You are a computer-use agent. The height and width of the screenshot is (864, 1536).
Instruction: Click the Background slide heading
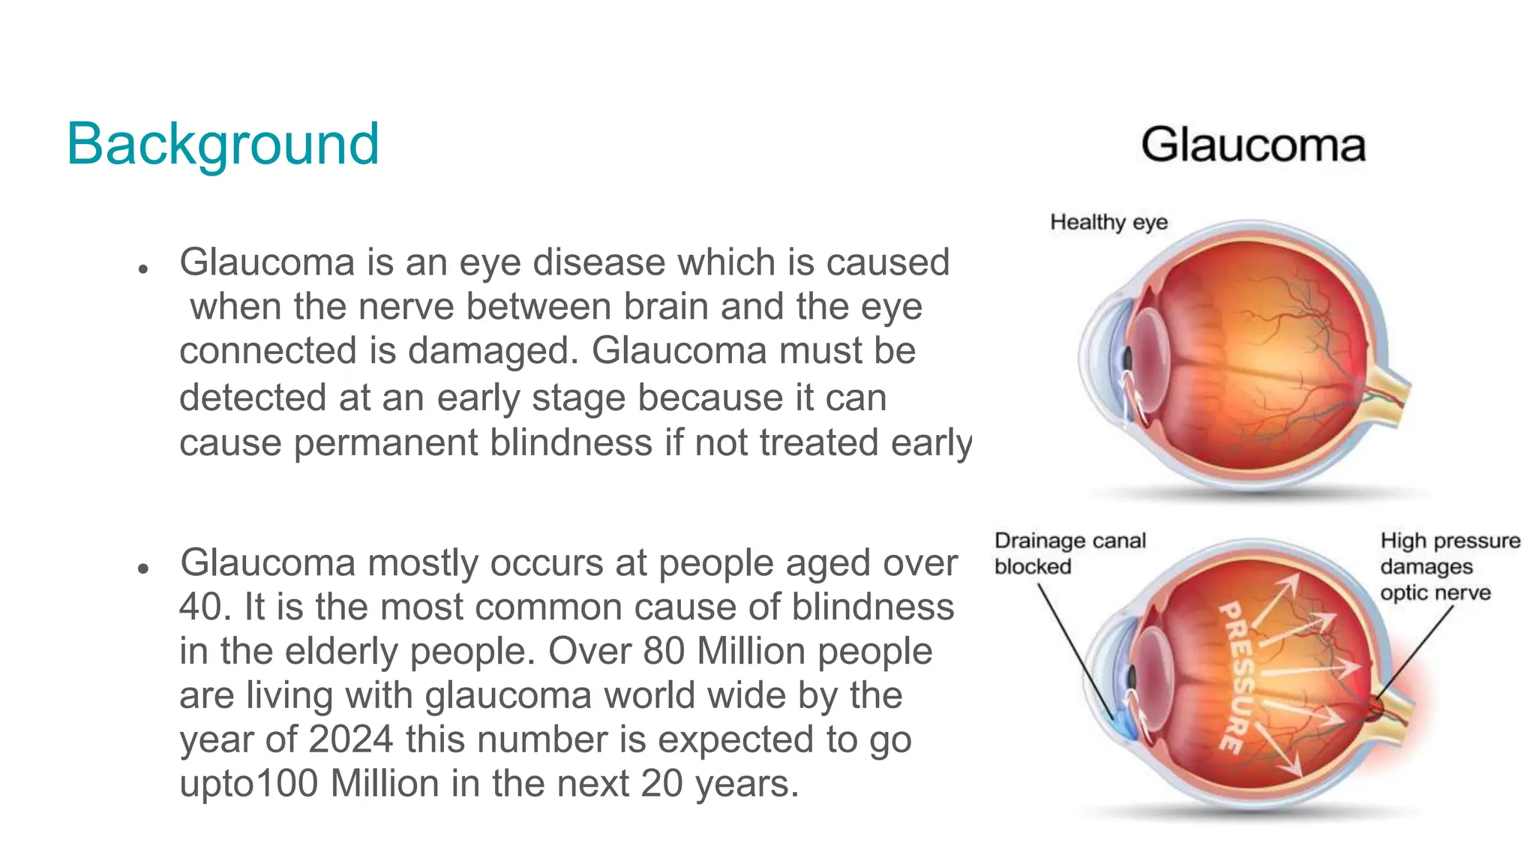pos(223,144)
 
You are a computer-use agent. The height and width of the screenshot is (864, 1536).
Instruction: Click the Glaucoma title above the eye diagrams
pos(1253,145)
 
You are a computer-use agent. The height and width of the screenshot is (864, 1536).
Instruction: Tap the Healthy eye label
pos(1108,222)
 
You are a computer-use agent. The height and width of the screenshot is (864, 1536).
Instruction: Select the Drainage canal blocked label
pos(1069,553)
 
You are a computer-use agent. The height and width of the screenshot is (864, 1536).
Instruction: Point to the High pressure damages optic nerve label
pos(1449,566)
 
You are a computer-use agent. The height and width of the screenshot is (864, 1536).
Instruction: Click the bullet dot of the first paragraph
pos(143,268)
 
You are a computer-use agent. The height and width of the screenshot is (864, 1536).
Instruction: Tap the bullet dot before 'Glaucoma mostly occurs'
pos(143,569)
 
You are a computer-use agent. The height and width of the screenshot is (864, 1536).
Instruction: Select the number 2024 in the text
pos(350,739)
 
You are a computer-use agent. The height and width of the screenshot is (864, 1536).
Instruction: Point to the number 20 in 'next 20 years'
pos(661,784)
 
